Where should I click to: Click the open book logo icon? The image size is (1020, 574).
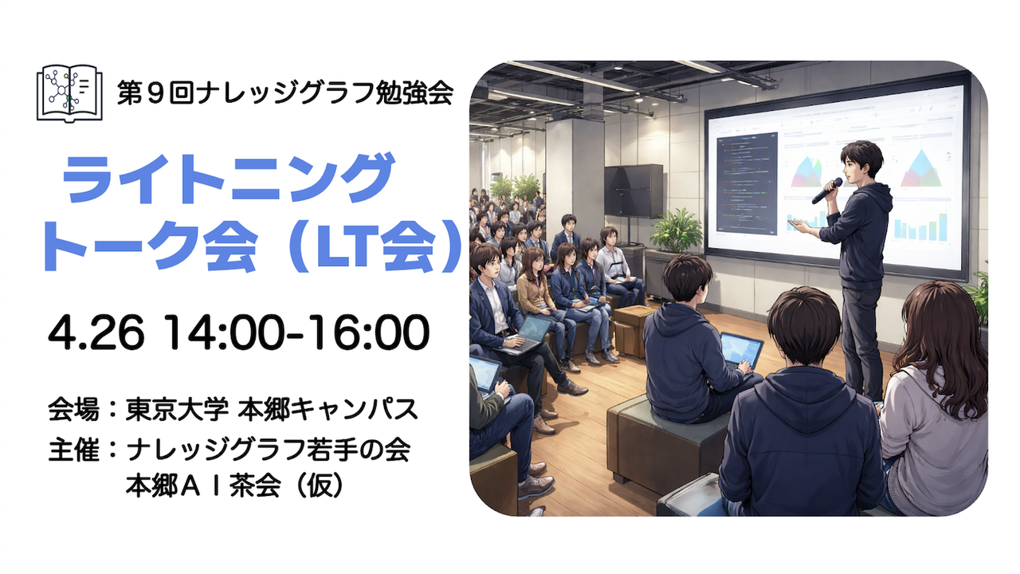[69, 93]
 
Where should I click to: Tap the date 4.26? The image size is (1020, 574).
[96, 332]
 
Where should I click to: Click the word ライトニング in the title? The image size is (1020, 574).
[228, 179]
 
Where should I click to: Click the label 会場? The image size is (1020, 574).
[73, 409]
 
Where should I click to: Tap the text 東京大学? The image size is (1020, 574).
[177, 409]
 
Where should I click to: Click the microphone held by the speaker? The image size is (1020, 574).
[827, 191]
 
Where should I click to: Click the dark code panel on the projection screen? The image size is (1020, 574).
[747, 183]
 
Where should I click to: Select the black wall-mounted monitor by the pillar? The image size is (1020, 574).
[634, 190]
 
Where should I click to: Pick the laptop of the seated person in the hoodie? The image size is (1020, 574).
[741, 350]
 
